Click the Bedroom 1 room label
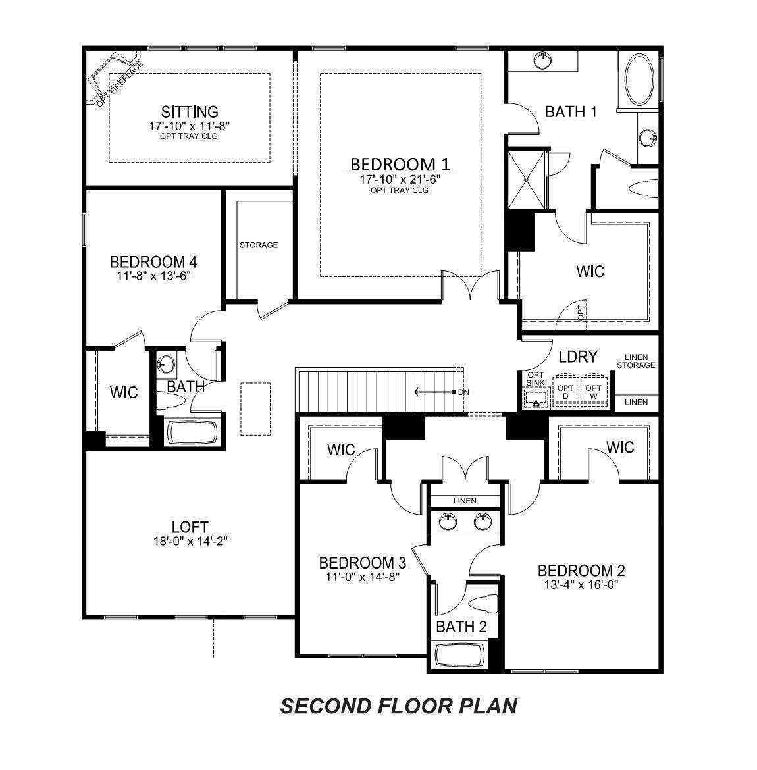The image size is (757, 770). (400, 164)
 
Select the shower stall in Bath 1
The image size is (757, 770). (527, 180)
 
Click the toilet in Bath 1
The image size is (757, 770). (644, 189)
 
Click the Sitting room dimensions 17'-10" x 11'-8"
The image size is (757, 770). (190, 126)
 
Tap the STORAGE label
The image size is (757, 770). (259, 245)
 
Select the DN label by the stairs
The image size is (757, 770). (463, 392)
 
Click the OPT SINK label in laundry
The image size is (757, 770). (535, 379)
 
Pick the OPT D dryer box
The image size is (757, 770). (565, 390)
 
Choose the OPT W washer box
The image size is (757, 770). (594, 390)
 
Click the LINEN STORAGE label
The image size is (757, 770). (636, 361)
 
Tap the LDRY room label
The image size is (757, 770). (578, 357)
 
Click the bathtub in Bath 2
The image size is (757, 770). (460, 655)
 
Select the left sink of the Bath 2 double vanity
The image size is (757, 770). (448, 521)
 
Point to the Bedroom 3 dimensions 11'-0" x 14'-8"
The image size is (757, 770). (362, 577)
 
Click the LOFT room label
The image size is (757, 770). (190, 527)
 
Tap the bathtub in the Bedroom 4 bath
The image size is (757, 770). (192, 432)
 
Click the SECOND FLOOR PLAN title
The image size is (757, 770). (399, 706)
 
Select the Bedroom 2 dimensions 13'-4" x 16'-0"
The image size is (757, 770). (581, 585)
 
